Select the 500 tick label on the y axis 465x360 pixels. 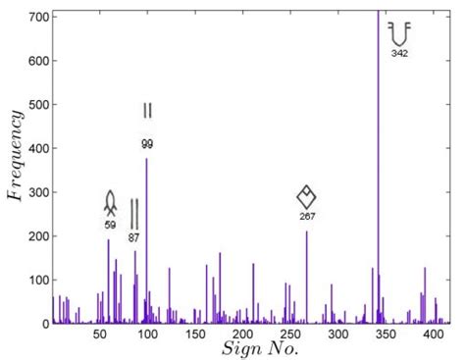40,104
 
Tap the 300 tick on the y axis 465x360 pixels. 40,192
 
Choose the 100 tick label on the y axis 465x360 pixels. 40,281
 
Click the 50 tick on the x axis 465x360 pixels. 100,334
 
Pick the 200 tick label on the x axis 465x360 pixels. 195,334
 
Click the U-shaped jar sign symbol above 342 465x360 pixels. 399,32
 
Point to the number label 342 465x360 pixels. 399,53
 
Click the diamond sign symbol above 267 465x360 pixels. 306,196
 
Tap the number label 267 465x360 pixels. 306,215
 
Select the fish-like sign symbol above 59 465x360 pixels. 110,204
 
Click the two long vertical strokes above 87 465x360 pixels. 134,213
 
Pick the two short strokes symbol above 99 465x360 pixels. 147,110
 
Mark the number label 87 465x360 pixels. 134,236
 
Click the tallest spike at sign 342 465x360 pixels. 379,147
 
